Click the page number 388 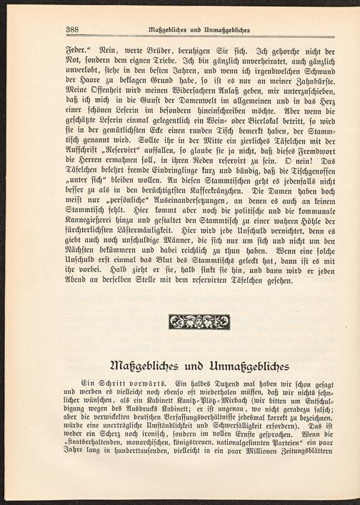(71, 29)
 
